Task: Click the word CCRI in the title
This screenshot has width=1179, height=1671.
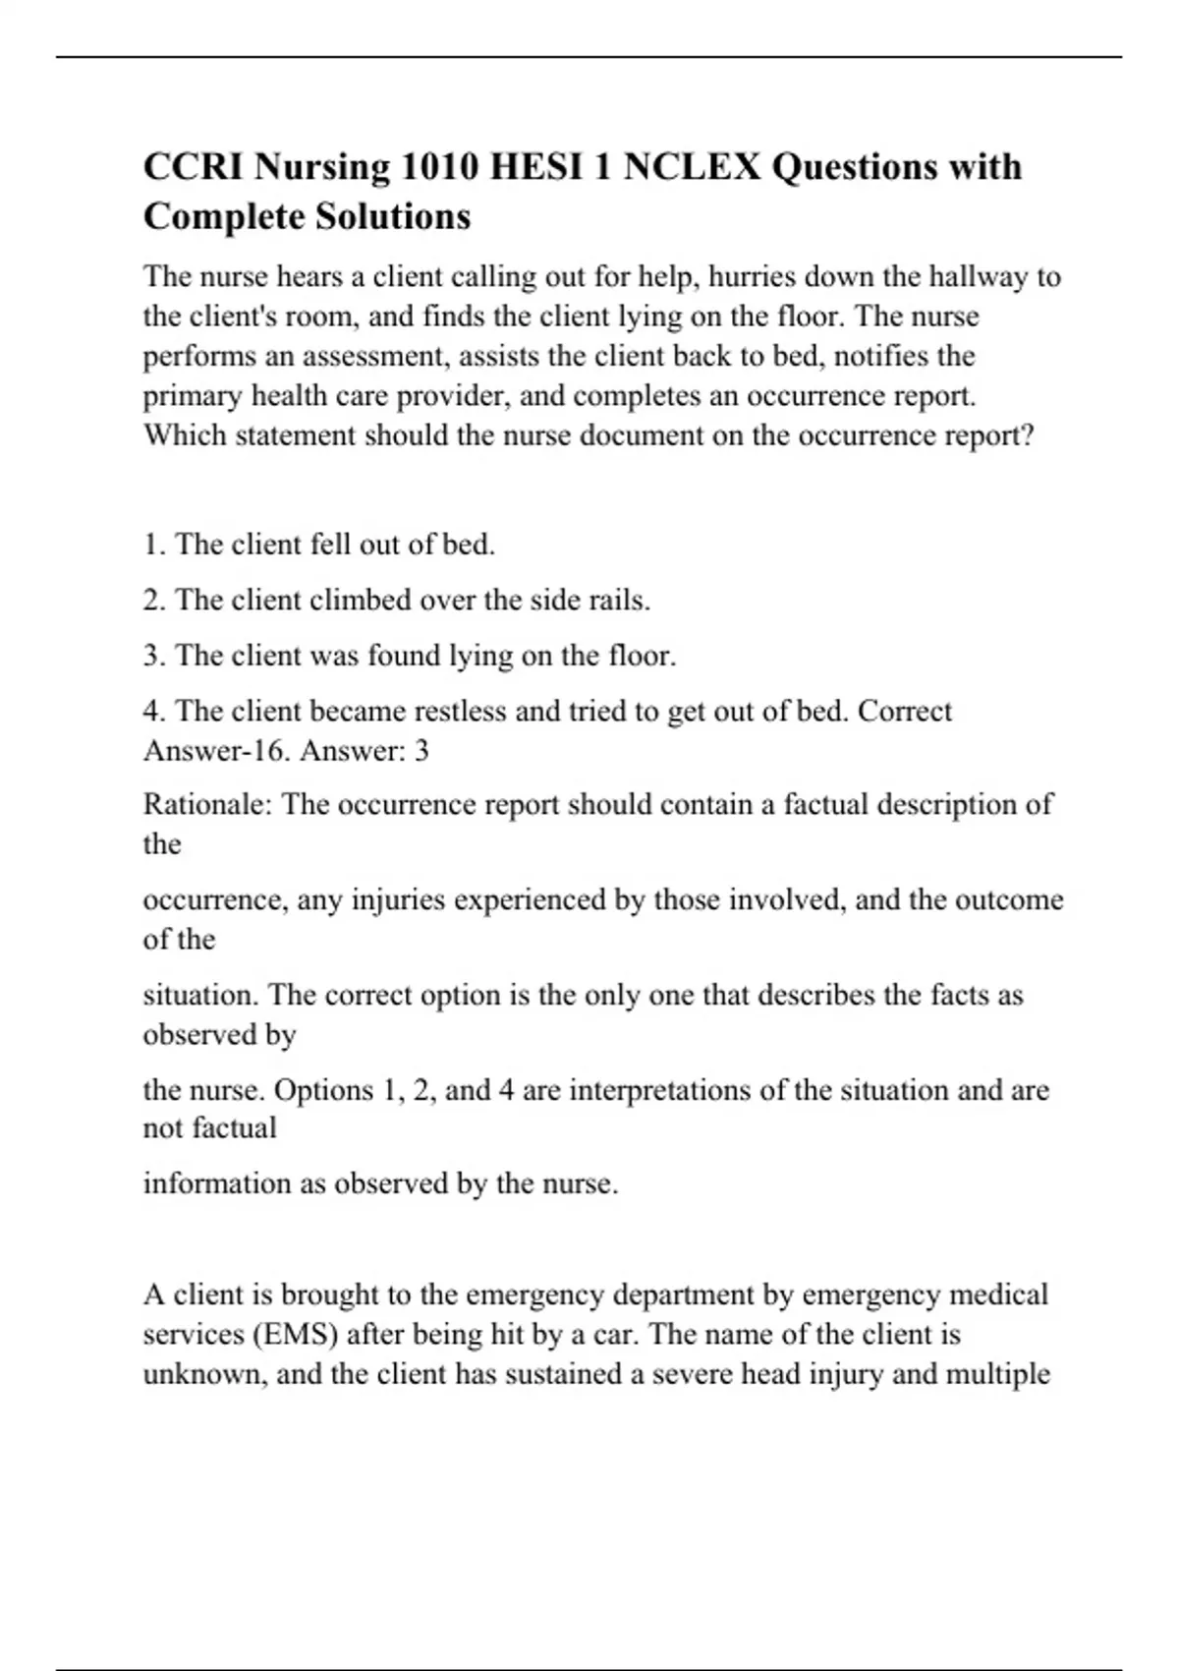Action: tap(194, 167)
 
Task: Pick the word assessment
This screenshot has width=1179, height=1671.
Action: tap(375, 356)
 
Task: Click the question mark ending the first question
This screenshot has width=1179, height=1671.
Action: tap(1028, 435)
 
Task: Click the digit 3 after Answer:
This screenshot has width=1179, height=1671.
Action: tap(421, 752)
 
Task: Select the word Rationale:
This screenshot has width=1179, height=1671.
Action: tap(208, 805)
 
